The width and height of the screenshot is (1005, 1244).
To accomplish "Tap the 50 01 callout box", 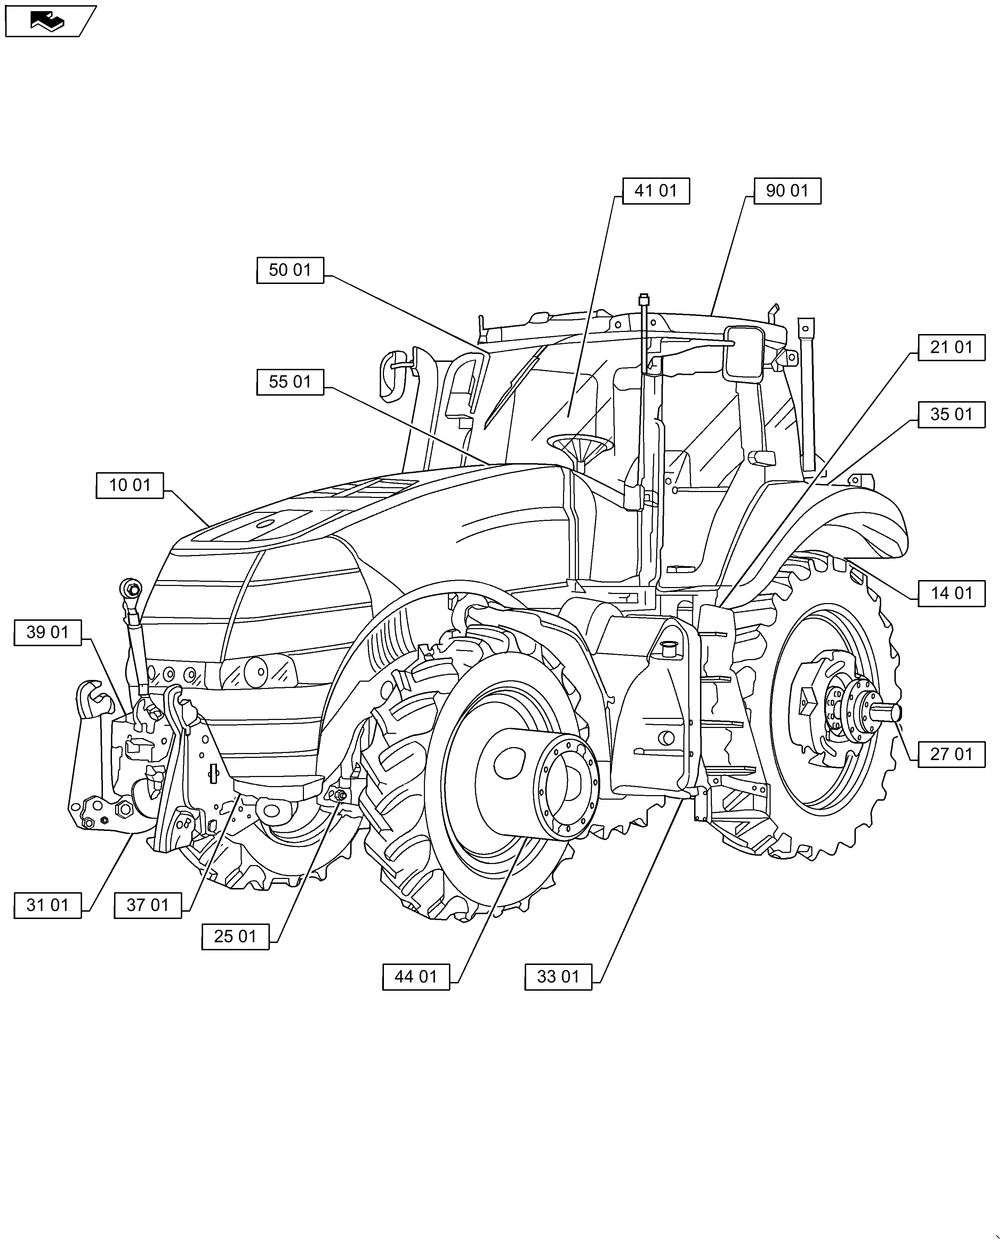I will point(290,270).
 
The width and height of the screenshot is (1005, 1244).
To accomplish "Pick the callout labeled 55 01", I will point(290,382).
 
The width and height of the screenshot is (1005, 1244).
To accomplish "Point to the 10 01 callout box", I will point(130,485).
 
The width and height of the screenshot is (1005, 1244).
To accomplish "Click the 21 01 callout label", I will point(951,348).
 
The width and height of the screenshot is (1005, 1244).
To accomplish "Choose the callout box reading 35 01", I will point(951,415).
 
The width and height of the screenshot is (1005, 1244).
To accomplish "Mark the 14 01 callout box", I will point(951,594).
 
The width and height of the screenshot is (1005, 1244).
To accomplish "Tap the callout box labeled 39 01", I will point(48,632).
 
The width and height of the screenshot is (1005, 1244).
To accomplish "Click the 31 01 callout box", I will point(48,905).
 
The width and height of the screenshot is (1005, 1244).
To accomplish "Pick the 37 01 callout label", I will point(148,905).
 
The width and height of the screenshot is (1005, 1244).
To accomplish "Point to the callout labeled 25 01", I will point(235,936).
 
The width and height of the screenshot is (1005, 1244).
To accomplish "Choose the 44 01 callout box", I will point(416,977).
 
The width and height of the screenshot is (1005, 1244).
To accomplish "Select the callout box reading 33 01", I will point(558,977).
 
